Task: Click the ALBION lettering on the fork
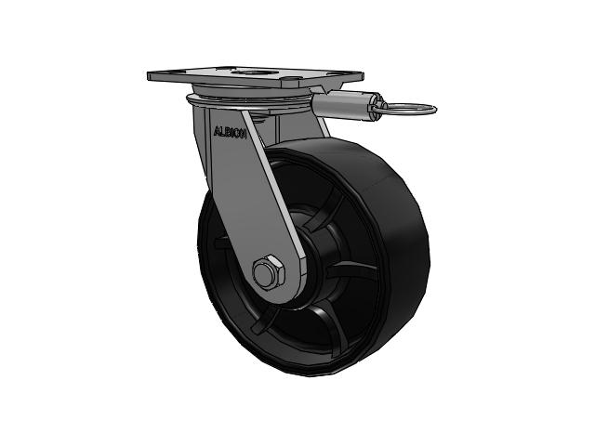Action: click(230, 132)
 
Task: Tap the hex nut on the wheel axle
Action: click(269, 271)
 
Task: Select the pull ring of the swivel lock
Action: click(405, 110)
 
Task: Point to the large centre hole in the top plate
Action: click(253, 72)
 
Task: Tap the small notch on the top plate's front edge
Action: click(290, 81)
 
